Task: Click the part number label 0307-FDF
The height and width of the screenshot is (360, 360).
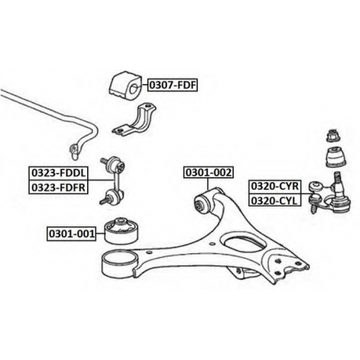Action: [x=173, y=85]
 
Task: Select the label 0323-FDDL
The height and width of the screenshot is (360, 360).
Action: [x=58, y=173]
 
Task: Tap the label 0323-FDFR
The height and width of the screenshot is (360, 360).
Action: [x=58, y=187]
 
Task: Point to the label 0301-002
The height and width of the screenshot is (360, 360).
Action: [x=208, y=172]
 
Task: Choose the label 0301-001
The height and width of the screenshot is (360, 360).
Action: [x=71, y=233]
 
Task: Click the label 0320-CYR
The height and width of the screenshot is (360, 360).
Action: [x=275, y=186]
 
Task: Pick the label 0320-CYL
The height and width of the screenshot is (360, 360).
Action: [x=275, y=200]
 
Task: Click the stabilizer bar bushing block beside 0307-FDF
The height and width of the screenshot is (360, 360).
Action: [x=125, y=85]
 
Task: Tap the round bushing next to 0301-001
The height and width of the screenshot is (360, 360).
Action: [x=122, y=230]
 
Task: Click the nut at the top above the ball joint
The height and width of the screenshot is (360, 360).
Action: [x=333, y=135]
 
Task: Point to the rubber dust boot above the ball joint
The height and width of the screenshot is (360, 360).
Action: [x=336, y=157]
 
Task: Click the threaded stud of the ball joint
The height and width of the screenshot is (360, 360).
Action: [x=337, y=179]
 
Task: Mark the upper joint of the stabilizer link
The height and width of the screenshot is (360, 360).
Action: [x=115, y=164]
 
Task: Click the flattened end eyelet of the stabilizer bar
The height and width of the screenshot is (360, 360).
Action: [x=74, y=151]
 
